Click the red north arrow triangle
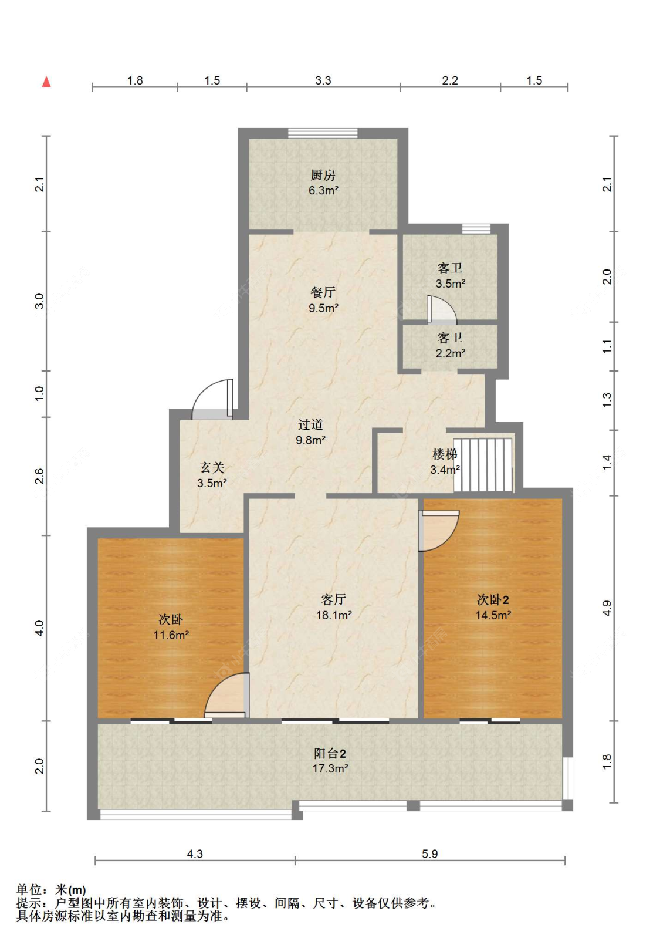click(x=46, y=82)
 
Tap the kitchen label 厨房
click(x=323, y=175)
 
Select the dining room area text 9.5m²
click(x=323, y=308)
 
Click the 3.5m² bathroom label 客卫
click(x=450, y=268)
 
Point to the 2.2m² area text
click(x=451, y=353)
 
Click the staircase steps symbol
click(x=483, y=465)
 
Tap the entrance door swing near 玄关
click(x=212, y=399)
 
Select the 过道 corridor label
click(x=310, y=424)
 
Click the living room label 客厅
click(x=333, y=599)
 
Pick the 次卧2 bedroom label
click(x=493, y=599)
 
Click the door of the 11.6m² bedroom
click(x=227, y=696)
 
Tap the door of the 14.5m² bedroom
click(x=439, y=531)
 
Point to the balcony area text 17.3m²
click(x=330, y=768)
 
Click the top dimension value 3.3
click(x=323, y=80)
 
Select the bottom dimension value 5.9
click(x=430, y=853)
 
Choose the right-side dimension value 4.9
click(x=607, y=608)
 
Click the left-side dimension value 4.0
click(x=39, y=628)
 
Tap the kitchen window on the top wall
click(x=323, y=133)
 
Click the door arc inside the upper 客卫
click(x=442, y=310)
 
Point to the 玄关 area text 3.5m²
click(x=212, y=483)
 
